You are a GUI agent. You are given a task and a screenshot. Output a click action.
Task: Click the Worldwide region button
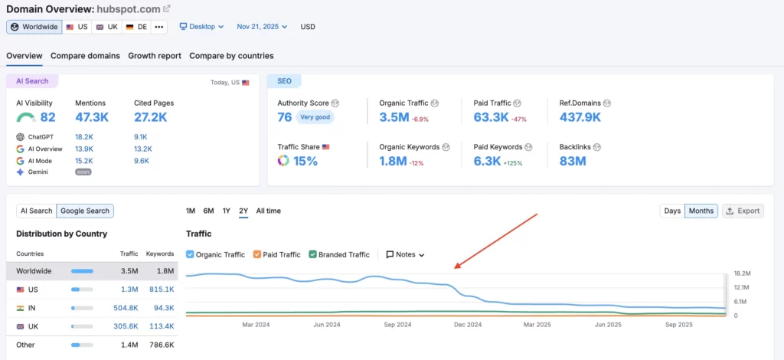coord(33,27)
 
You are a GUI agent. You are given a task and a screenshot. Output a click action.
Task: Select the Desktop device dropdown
coord(201,27)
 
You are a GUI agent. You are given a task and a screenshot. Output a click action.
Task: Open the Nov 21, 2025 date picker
coord(262,27)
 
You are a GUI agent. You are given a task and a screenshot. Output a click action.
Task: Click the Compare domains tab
coord(85,56)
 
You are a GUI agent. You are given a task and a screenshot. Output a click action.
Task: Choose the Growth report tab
coord(155,56)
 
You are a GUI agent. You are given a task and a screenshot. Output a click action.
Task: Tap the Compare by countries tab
coord(231,56)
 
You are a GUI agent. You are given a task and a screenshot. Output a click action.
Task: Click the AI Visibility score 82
coord(47,117)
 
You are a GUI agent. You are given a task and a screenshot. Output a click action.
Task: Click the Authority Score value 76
coord(285,117)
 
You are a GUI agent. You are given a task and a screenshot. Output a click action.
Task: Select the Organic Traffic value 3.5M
coord(394,117)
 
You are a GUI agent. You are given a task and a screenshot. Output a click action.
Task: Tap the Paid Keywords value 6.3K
coord(487,161)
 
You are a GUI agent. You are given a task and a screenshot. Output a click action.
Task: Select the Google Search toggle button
coord(85,211)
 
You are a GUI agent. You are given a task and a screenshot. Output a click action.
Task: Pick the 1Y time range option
coord(227,211)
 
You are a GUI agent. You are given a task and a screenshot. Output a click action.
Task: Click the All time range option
coord(268,211)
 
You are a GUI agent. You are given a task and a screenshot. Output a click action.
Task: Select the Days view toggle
coord(672,211)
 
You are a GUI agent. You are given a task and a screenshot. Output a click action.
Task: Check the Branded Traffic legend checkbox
coord(312,254)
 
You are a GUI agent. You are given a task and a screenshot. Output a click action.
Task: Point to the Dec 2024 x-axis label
coord(467,325)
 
